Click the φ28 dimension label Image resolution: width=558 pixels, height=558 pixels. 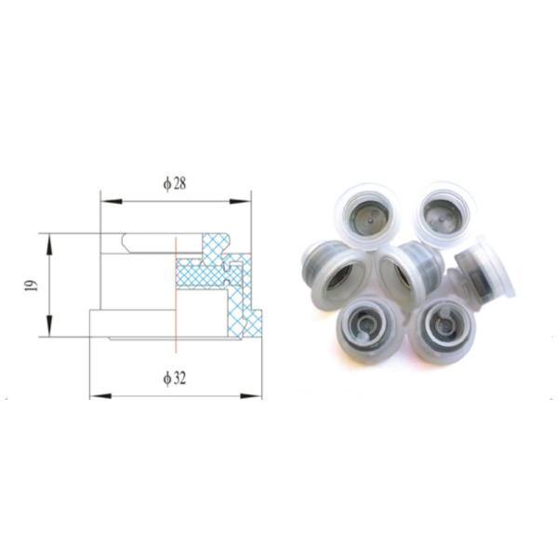(x=175, y=184)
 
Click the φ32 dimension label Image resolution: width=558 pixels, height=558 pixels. (x=175, y=379)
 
